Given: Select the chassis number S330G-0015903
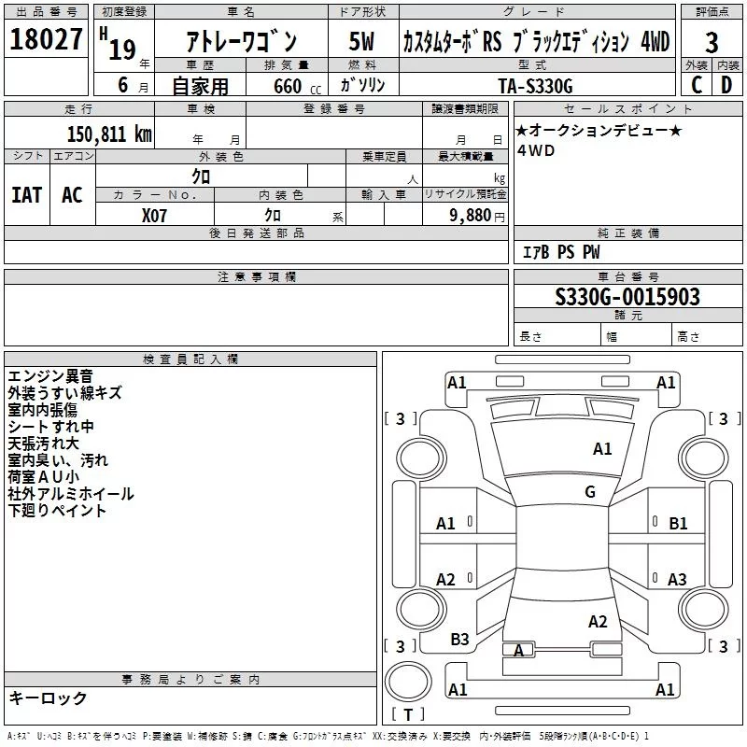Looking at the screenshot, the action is pyautogui.click(x=627, y=298).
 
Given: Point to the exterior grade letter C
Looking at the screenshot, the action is pyautogui.click(x=696, y=84).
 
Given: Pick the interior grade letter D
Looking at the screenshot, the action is pyautogui.click(x=727, y=84).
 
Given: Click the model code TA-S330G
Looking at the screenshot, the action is pyautogui.click(x=537, y=85).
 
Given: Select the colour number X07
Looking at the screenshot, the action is pyautogui.click(x=155, y=215).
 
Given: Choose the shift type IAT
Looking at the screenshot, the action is pyautogui.click(x=27, y=195).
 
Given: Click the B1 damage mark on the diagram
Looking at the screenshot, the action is pyautogui.click(x=678, y=524).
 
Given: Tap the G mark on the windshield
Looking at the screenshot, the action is pyautogui.click(x=590, y=492).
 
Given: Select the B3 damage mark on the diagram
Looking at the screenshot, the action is pyautogui.click(x=459, y=640).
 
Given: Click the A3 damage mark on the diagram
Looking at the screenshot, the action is pyautogui.click(x=677, y=580).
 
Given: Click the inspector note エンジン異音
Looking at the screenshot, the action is pyautogui.click(x=50, y=376).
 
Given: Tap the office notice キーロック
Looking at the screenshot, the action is pyautogui.click(x=48, y=698).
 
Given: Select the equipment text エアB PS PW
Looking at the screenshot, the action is pyautogui.click(x=561, y=252).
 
